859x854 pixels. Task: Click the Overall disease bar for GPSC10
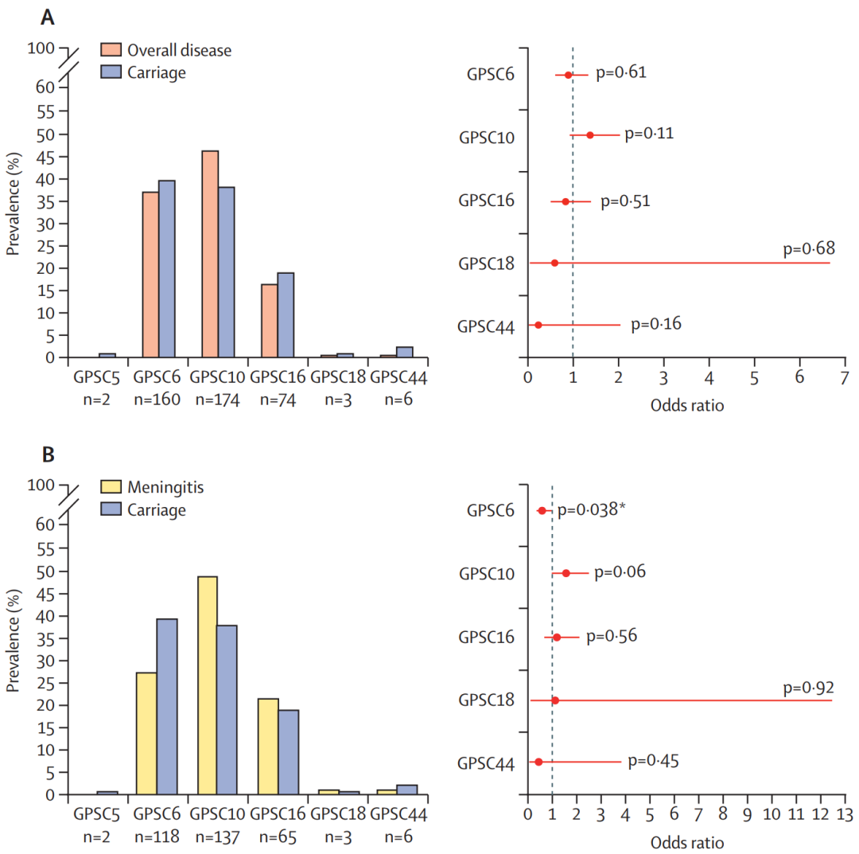pyautogui.click(x=210, y=254)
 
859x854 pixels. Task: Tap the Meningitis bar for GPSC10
pyautogui.click(x=207, y=685)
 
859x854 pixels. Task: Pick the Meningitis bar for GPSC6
pyautogui.click(x=146, y=733)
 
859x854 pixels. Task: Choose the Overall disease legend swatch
pyautogui.click(x=111, y=50)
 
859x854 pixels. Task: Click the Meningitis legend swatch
pyautogui.click(x=111, y=487)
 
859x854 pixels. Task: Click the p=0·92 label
pyautogui.click(x=808, y=687)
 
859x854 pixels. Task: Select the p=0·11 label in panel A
pyautogui.click(x=649, y=133)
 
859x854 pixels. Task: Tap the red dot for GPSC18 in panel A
pyautogui.click(x=554, y=263)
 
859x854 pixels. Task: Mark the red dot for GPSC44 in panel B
pyautogui.click(x=538, y=762)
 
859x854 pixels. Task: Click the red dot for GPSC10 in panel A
pyautogui.click(x=589, y=135)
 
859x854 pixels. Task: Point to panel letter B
pyautogui.click(x=48, y=454)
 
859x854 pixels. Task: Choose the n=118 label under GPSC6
pyautogui.click(x=155, y=837)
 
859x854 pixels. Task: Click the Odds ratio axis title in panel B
pyautogui.click(x=686, y=841)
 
